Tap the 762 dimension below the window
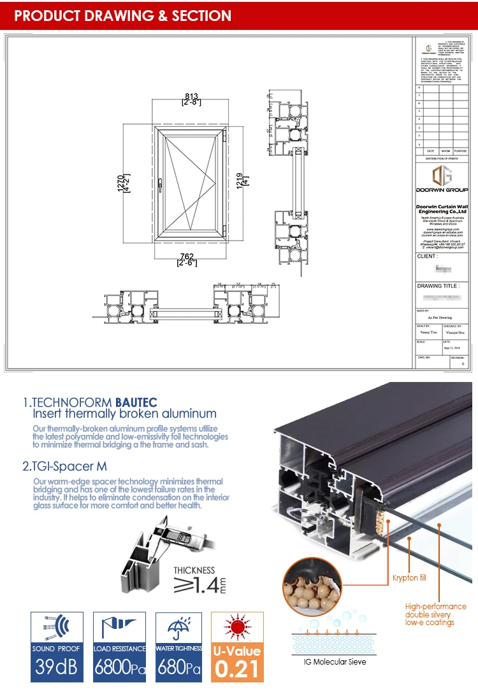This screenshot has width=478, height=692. pos(185,257)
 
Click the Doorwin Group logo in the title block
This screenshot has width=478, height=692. pos(441,176)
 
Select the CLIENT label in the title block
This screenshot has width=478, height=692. pos(427,257)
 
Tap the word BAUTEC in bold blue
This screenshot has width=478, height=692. pos(136,402)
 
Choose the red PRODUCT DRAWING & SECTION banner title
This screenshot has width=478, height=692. pos(123,16)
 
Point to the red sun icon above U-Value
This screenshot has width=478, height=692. pos(236,628)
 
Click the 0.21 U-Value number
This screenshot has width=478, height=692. pos(236,669)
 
